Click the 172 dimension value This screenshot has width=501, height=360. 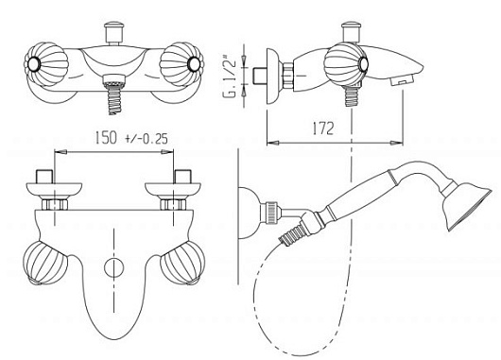(x=322, y=129)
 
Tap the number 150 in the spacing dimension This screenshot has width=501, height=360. (x=106, y=137)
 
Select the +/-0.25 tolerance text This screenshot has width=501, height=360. (x=147, y=139)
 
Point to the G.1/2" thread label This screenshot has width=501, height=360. (x=230, y=76)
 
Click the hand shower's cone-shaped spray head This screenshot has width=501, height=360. (x=467, y=205)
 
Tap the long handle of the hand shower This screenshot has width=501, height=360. (x=361, y=194)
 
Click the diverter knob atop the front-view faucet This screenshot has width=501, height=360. (x=113, y=33)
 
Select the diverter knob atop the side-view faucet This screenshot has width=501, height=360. (x=351, y=32)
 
